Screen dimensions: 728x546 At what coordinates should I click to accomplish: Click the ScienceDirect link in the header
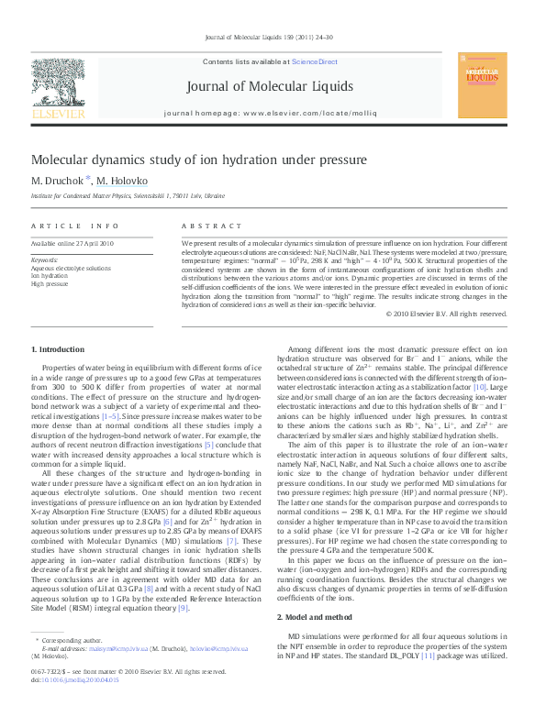coord(314,61)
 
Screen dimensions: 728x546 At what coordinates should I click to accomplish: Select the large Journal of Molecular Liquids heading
coord(269,86)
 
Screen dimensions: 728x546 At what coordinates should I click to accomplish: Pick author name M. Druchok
coord(57,181)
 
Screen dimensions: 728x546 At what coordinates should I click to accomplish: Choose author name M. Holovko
coord(120,181)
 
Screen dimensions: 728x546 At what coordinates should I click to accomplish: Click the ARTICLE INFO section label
coord(75,226)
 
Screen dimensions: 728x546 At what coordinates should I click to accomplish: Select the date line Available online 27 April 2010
coord(72,243)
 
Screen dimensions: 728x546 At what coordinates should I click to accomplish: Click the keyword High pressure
coord(50,284)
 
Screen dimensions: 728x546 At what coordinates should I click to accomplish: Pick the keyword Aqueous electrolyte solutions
coord(71,269)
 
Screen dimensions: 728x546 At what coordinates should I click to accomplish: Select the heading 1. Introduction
coord(58,350)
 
